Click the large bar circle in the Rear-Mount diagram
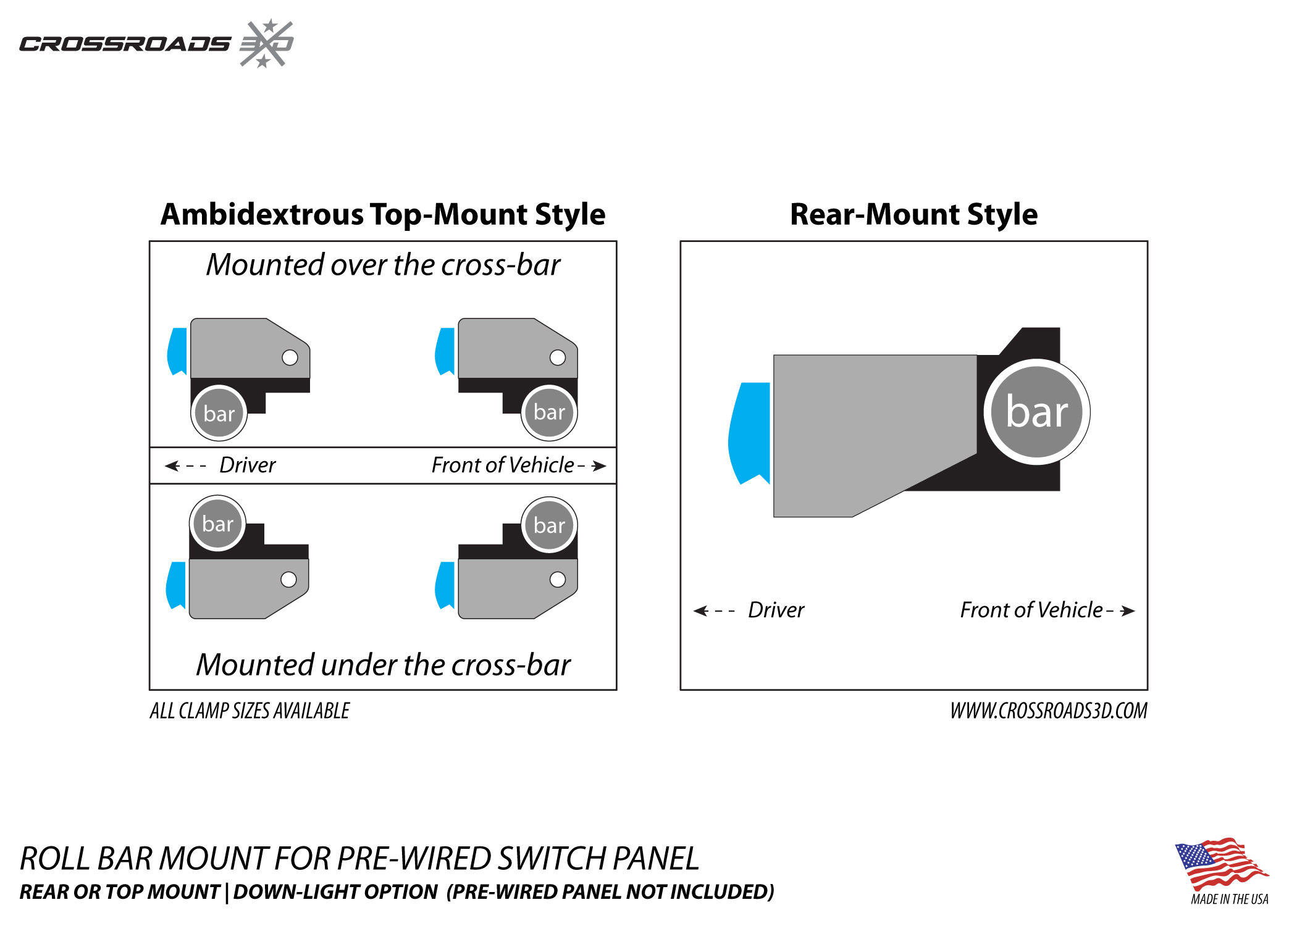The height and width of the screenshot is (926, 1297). coord(1036,412)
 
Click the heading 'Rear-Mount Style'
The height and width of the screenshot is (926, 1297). coord(913,215)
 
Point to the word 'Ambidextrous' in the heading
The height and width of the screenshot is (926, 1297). coord(262,215)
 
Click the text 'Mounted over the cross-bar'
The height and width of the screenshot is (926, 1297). coord(383,265)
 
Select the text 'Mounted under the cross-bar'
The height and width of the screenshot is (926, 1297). coord(383,665)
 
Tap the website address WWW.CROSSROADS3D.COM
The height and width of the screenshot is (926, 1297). coord(1048,711)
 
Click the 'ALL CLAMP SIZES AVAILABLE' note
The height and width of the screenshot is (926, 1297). coord(250,711)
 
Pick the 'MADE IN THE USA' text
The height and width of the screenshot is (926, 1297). coord(1229,899)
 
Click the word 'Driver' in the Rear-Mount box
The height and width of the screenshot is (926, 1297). coord(776,611)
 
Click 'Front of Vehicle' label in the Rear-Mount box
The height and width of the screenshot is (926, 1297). coord(1031,611)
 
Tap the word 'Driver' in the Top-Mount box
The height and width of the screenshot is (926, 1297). coord(247,465)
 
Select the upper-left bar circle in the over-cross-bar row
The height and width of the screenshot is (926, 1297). coord(219,413)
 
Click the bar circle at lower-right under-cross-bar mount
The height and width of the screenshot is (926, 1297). coord(549,525)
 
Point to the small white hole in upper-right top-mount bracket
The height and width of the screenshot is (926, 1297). coord(557,357)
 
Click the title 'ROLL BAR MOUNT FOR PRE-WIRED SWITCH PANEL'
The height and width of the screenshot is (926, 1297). coord(359,859)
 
